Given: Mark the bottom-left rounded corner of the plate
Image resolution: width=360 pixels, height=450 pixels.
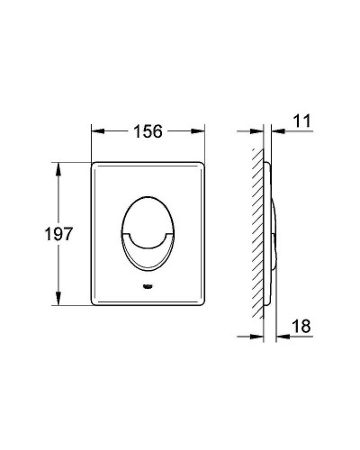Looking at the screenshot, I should tap(95, 303).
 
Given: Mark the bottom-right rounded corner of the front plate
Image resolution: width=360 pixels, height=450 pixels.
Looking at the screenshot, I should tap(202, 303).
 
